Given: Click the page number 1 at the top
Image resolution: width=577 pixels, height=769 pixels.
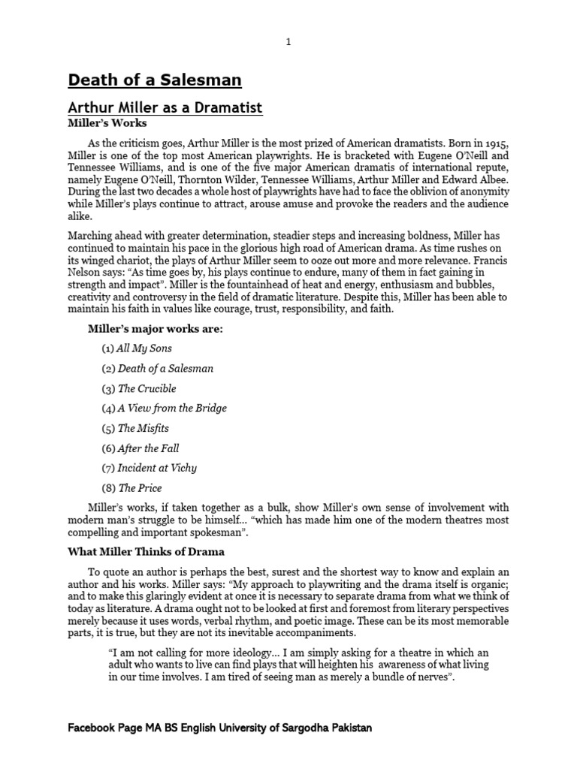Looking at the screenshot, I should tap(288, 42).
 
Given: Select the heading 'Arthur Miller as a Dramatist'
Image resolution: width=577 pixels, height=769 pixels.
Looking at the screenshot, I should tap(165, 108).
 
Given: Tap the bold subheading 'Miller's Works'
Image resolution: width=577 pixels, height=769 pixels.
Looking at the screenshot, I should tap(107, 123).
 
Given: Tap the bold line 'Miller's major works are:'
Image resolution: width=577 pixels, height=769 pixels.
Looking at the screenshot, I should tap(156, 329).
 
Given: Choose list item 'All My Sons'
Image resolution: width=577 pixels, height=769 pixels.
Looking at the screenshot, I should tap(145, 348).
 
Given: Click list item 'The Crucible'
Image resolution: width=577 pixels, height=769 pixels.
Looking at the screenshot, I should tap(147, 388).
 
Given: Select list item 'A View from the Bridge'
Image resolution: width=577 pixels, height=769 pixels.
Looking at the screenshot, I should tap(172, 409).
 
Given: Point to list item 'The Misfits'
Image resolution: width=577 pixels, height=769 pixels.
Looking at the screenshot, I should tap(143, 428).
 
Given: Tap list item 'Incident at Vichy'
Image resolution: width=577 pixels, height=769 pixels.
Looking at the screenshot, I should tap(157, 468).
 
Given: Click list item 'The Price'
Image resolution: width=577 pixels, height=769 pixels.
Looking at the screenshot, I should tap(140, 488).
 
